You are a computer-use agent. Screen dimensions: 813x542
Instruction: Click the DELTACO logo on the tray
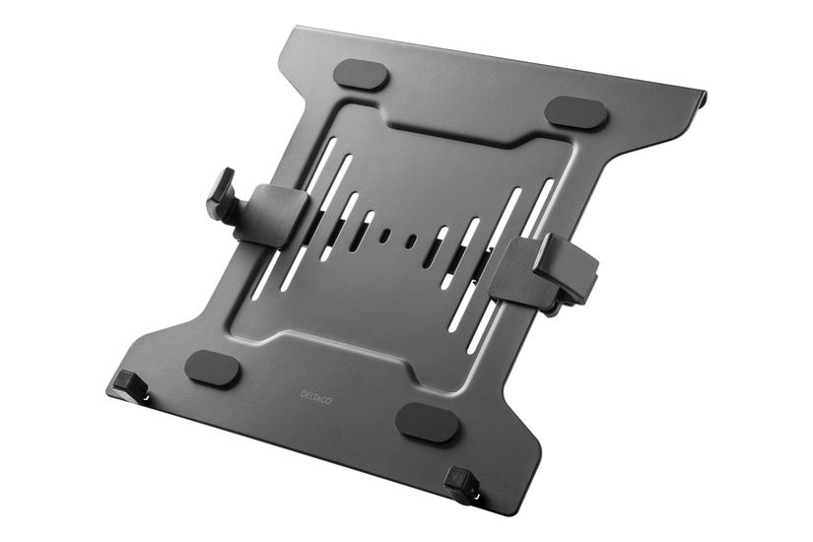(315, 397)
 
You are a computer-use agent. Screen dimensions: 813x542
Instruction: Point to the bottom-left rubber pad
(212, 369)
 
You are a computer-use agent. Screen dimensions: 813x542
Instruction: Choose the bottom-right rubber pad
(429, 423)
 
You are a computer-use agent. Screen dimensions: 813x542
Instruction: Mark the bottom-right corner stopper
(460, 484)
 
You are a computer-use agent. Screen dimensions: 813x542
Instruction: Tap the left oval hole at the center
(384, 235)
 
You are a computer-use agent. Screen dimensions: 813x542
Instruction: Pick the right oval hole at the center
(412, 241)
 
